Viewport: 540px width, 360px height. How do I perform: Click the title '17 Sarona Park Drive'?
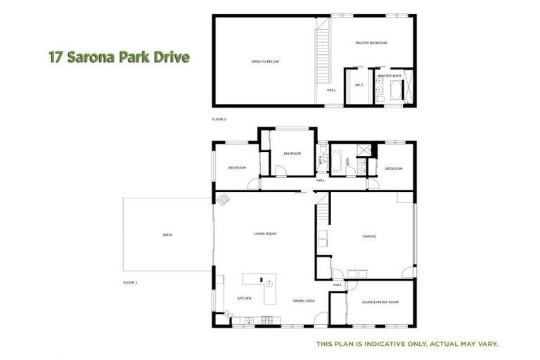120,57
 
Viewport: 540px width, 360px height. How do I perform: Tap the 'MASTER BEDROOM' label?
371,43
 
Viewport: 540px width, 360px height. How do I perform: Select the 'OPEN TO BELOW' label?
265,62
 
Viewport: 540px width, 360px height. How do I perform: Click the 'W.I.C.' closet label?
359,84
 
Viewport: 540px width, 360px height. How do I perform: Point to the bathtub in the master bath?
394,91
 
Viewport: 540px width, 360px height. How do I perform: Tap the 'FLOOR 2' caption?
219,120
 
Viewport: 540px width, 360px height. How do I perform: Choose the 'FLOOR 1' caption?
130,282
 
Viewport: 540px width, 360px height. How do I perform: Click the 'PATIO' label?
167,234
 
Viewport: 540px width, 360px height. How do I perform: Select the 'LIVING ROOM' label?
264,233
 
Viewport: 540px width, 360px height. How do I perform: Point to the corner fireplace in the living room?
223,200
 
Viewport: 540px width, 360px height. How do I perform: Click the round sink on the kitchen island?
269,283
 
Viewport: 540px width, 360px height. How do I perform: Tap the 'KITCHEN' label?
244,298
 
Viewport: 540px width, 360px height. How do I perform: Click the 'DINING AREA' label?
303,300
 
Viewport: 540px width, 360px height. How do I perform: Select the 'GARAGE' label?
369,236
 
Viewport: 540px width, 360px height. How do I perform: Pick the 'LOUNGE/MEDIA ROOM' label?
380,302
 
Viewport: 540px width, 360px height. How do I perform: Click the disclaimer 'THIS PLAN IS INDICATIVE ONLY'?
407,344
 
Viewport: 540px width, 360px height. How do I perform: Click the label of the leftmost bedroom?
237,167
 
